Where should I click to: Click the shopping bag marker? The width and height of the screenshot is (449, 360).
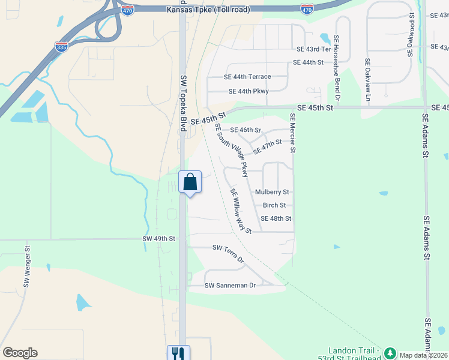[x=190, y=182]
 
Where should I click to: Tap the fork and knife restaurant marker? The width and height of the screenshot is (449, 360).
[x=178, y=353]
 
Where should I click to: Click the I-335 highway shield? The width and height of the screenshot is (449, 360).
[x=61, y=46]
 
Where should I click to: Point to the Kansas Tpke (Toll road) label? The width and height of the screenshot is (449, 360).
[x=209, y=10]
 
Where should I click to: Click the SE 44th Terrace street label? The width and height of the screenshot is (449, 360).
[x=247, y=77]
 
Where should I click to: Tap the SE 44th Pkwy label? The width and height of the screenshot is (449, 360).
[x=249, y=91]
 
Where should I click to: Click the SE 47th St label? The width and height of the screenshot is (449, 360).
[x=267, y=146]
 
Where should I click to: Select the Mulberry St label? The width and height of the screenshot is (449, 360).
[x=272, y=192]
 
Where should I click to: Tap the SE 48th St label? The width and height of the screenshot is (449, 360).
[x=276, y=218]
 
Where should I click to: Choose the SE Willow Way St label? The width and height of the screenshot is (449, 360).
[x=241, y=211]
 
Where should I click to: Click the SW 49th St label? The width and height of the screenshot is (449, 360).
[x=158, y=238]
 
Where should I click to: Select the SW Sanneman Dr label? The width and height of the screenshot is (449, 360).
[x=230, y=285]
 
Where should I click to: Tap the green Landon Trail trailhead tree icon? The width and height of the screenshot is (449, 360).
[x=390, y=352]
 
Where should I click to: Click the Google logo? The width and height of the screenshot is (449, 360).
[x=20, y=353]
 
